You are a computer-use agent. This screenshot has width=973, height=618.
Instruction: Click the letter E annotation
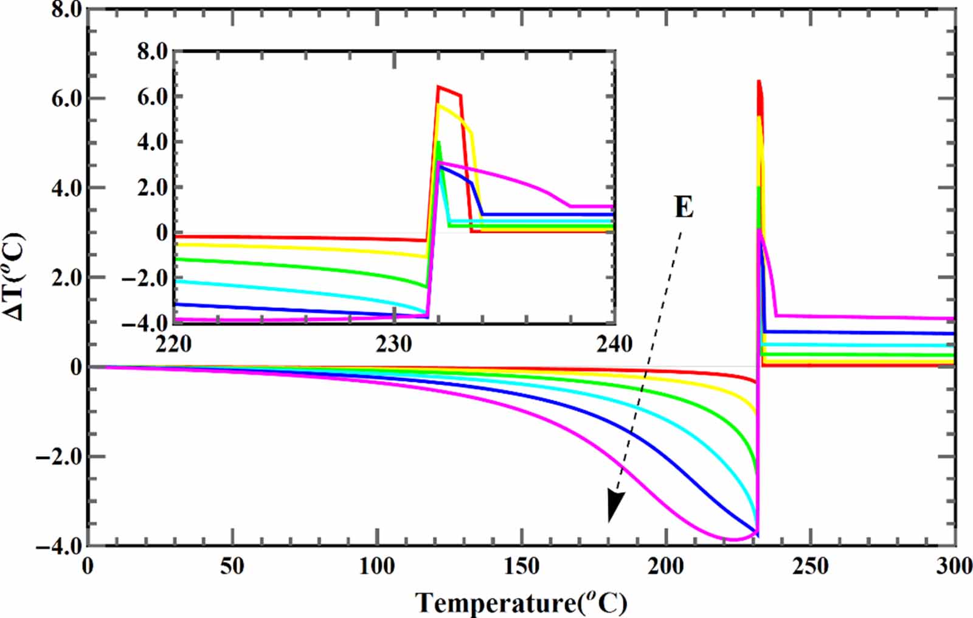684,208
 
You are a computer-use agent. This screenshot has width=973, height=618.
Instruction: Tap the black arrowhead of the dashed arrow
615,505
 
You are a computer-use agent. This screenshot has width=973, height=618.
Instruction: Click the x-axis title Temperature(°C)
521,603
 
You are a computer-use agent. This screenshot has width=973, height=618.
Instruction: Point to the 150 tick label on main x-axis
521,566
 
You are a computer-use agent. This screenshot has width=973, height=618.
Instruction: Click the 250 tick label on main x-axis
810,566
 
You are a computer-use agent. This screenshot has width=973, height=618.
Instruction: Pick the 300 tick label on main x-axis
954,566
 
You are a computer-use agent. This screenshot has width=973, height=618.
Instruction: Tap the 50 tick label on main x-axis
232,566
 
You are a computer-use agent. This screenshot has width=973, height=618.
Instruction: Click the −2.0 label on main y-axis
58,456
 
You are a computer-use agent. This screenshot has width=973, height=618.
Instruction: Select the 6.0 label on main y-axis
66,98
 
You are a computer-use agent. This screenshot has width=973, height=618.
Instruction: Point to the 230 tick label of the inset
394,344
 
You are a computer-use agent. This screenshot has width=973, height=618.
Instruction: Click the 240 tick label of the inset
614,344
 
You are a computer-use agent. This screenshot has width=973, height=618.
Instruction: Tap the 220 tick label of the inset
174,344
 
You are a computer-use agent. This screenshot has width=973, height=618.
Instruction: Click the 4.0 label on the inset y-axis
152,142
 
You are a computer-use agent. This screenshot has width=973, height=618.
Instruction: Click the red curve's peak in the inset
438,87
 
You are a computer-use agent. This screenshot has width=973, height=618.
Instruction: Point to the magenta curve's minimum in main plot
734,540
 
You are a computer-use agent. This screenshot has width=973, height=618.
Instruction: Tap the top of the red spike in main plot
759,82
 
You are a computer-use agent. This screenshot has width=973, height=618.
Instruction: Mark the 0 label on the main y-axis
75,367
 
